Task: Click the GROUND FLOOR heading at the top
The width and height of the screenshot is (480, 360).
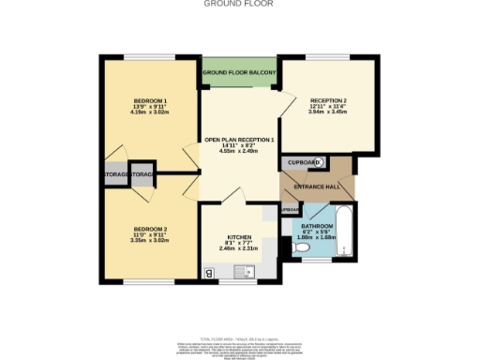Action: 239,4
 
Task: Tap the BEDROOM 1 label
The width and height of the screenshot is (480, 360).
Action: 150,100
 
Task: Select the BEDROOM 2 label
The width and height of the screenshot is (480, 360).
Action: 150,229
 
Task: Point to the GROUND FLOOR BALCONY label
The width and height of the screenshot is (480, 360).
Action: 239,72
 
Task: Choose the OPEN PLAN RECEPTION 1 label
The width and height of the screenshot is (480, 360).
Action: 239,140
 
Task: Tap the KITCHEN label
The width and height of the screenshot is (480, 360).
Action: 239,236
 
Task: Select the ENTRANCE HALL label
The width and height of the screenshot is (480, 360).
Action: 318,187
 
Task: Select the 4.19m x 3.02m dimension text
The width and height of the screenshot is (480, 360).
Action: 150,113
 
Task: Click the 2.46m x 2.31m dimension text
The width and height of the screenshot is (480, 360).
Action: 239,249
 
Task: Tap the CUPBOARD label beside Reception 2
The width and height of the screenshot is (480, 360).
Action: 303,162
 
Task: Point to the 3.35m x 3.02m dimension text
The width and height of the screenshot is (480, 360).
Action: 150,241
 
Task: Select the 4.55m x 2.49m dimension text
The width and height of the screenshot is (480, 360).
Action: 239,152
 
